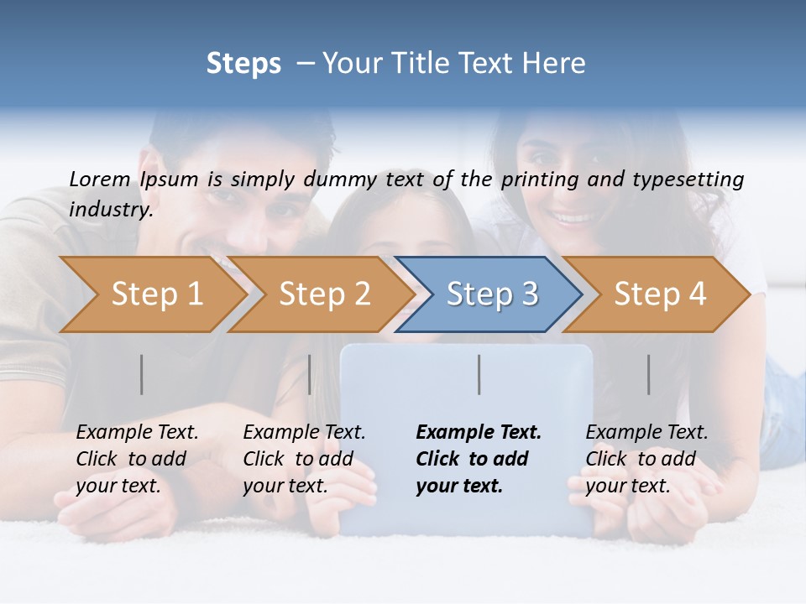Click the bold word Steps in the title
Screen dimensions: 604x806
pos(243,64)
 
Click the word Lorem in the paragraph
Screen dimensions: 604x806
pos(100,179)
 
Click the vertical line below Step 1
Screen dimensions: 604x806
pos(142,374)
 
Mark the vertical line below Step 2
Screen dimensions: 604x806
pos(310,374)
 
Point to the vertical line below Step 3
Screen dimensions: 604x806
pos(479,374)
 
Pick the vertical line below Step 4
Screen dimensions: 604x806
pos(649,374)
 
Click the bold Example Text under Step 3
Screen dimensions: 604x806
pos(479,432)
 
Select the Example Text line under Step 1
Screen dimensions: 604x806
pos(137,432)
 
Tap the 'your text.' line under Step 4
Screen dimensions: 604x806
pos(627,486)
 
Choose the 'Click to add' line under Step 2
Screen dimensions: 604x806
pos(298,459)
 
